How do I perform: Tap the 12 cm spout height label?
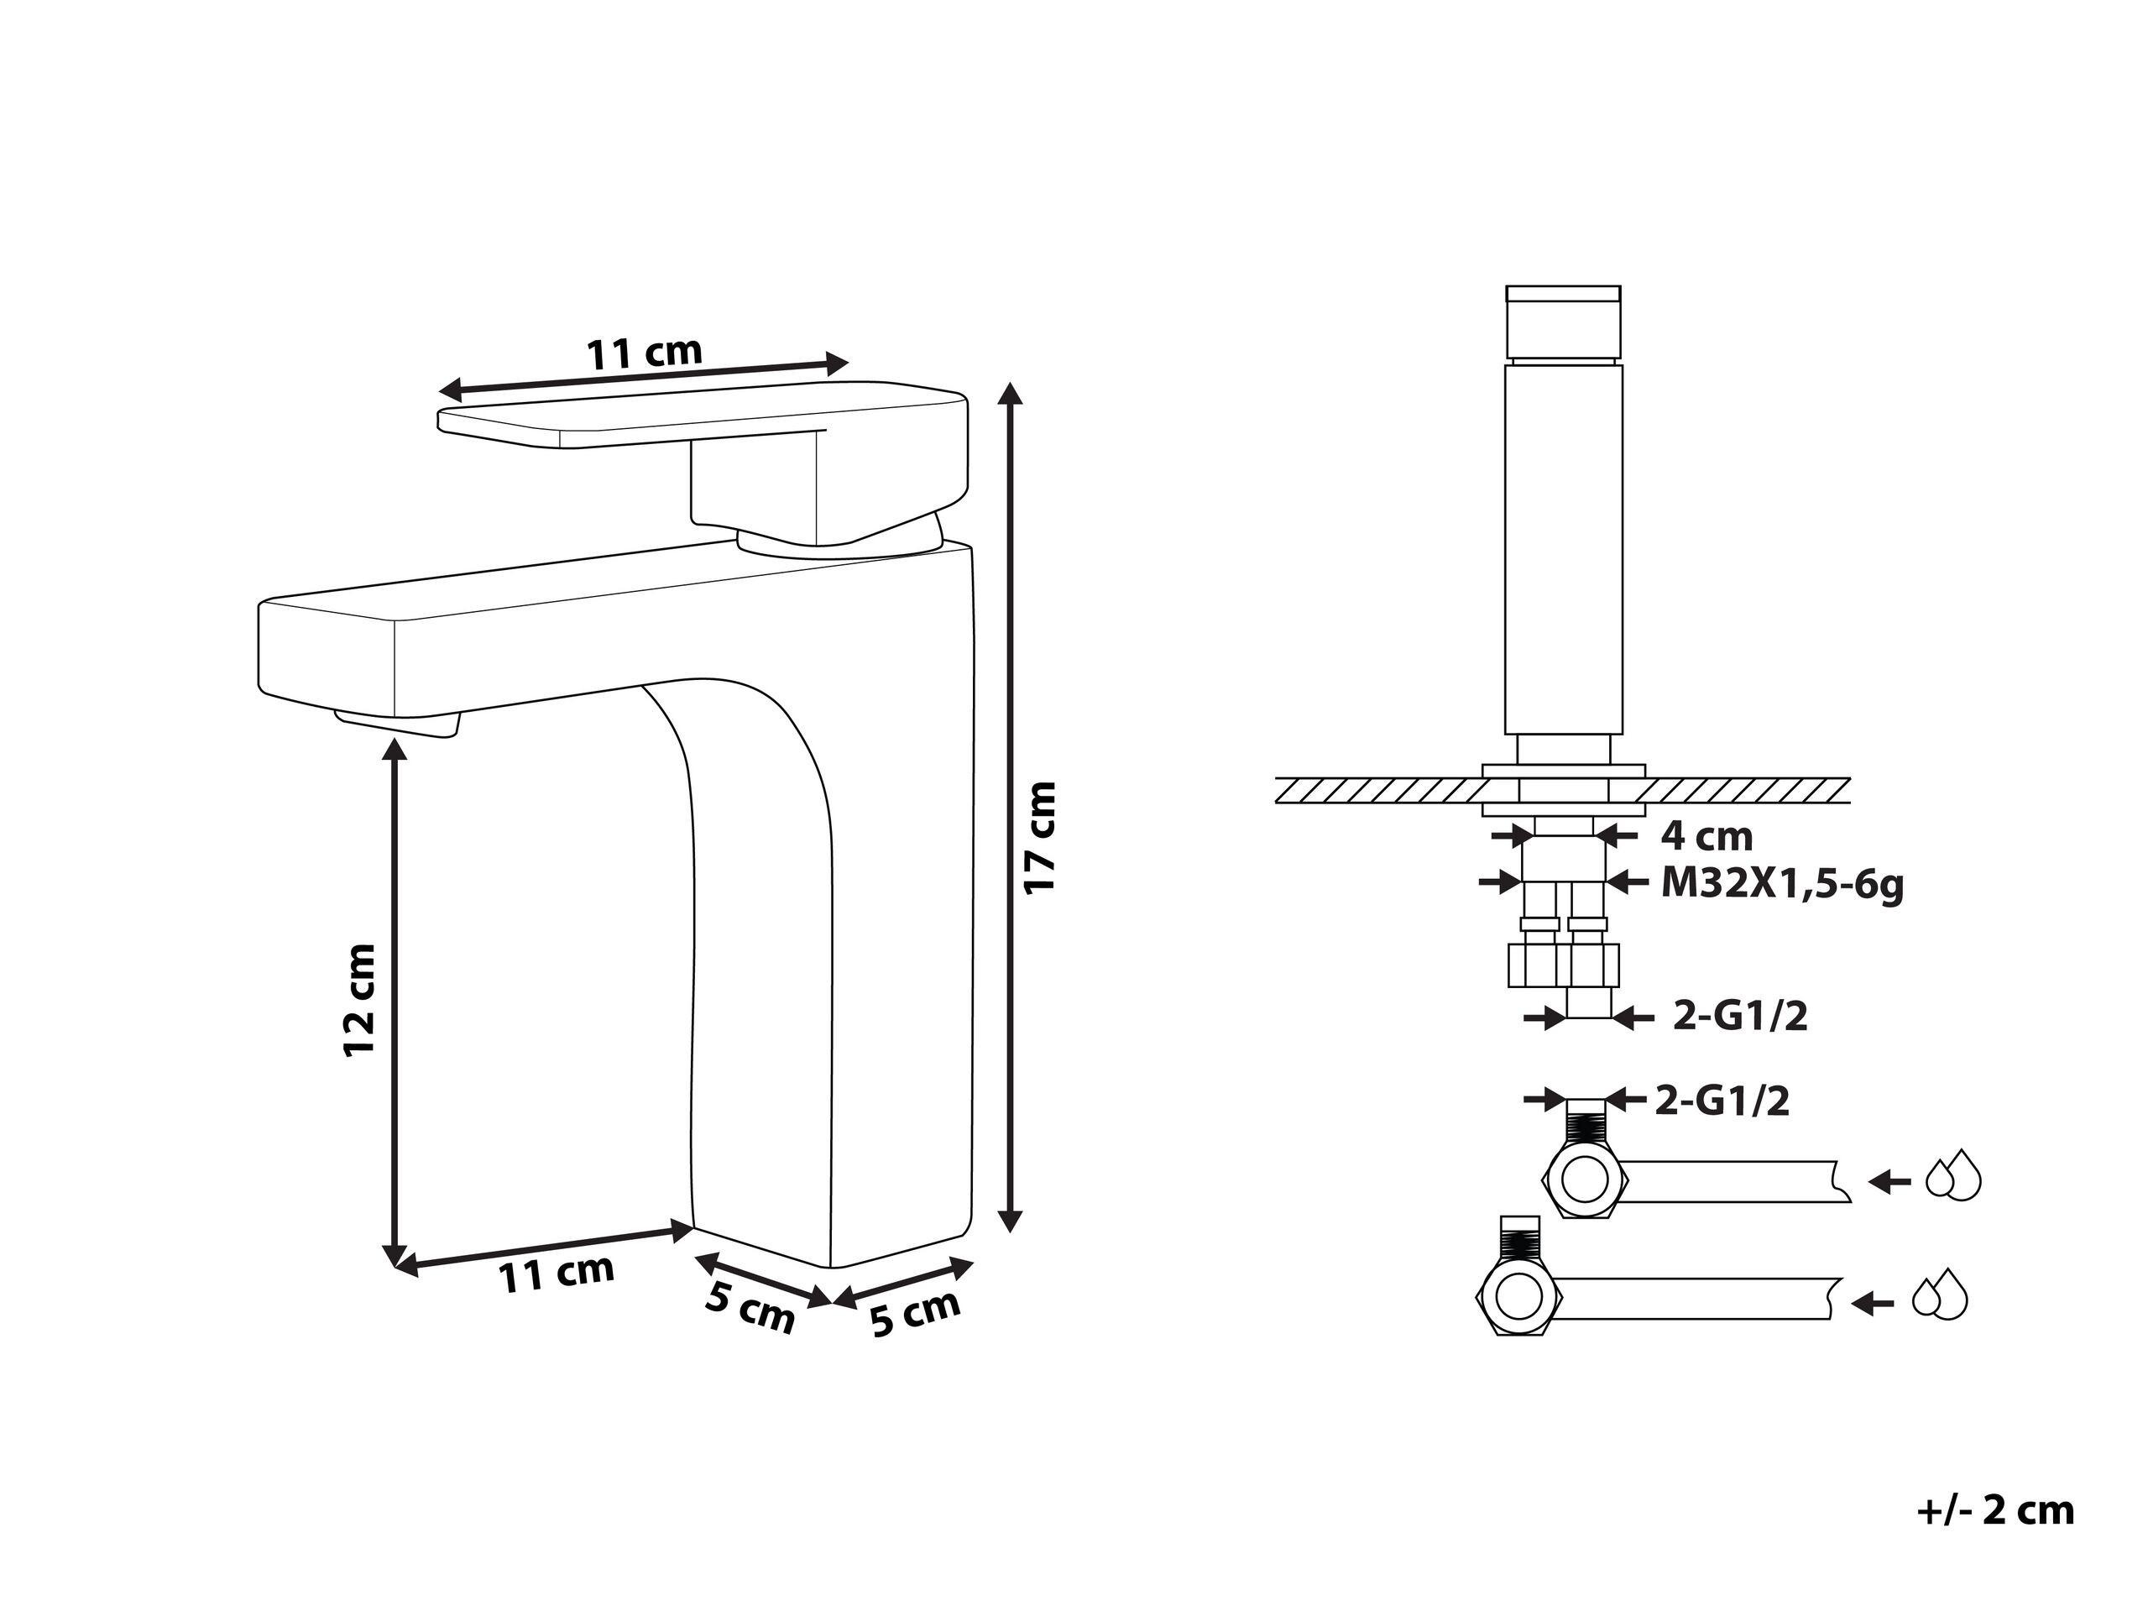tap(360, 999)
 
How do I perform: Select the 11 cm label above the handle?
tap(644, 353)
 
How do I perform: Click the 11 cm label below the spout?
tap(557, 1273)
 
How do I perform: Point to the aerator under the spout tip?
tap(396, 724)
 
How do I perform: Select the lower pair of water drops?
tap(1939, 1295)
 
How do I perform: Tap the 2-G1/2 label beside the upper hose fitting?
tap(1722, 1101)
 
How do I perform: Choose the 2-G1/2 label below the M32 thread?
tap(1739, 1017)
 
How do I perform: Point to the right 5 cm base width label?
tap(915, 1312)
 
